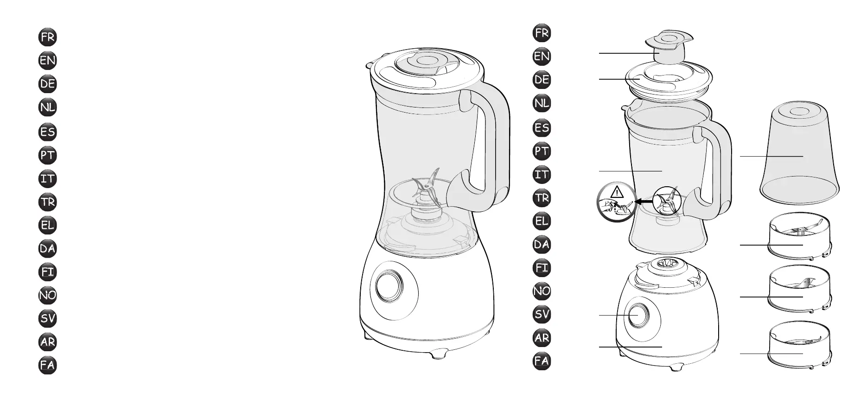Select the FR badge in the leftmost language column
coord(48,38)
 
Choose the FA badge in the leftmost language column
coord(48,365)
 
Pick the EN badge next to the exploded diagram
coord(542,57)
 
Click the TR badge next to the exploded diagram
coord(542,198)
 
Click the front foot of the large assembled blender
coord(440,355)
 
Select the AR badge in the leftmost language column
coord(48,342)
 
